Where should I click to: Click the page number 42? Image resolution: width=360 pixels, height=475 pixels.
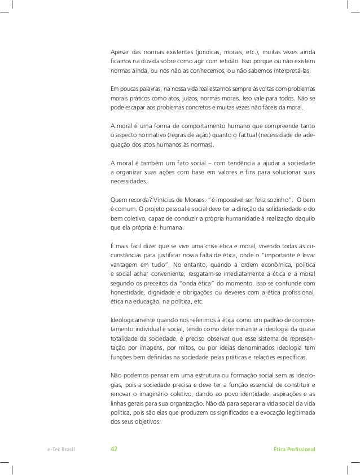[114, 449]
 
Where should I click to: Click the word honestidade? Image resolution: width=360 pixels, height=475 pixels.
[129, 292]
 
